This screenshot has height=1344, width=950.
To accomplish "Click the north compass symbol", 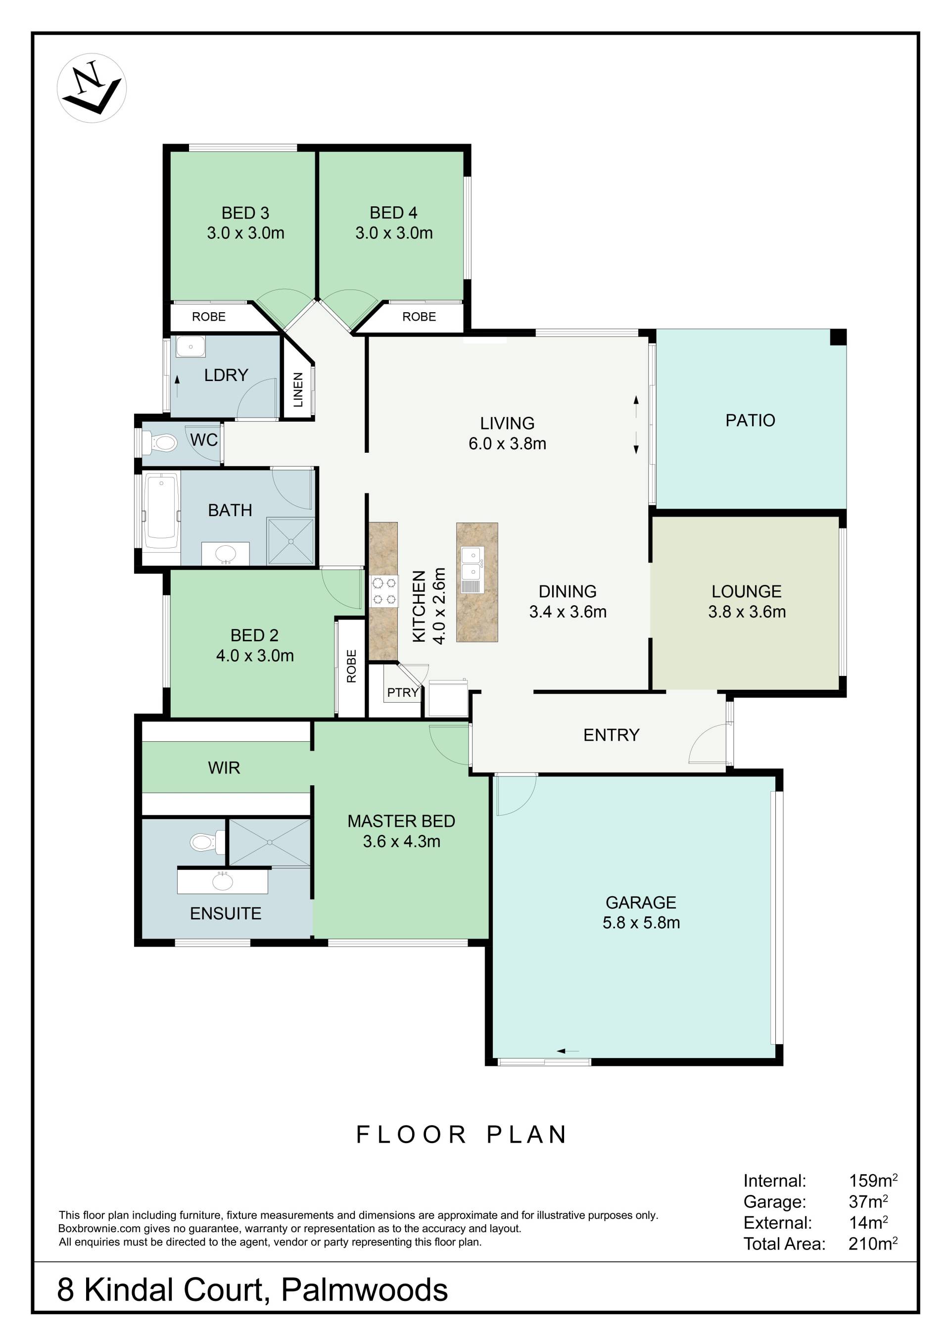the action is (x=92, y=88).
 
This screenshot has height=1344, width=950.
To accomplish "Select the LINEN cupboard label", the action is (x=298, y=390).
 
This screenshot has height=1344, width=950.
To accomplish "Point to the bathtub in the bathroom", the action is (x=162, y=511).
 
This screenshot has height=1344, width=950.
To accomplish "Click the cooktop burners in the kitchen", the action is (x=383, y=591).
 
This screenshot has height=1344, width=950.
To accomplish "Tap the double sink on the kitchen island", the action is (x=471, y=570).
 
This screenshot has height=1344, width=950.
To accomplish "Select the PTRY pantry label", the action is (x=403, y=692).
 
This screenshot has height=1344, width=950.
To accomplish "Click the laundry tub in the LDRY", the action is (x=190, y=346).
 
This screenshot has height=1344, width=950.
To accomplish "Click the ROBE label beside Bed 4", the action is (x=419, y=317).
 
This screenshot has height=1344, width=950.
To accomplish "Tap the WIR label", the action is (x=224, y=768).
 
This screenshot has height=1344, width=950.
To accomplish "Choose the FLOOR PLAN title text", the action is (x=462, y=1135).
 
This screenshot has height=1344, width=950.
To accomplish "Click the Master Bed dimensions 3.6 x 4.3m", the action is (x=402, y=841).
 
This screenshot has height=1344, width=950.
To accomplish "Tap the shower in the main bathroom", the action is (x=290, y=541).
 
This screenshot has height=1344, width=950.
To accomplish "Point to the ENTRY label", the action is (x=611, y=735).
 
